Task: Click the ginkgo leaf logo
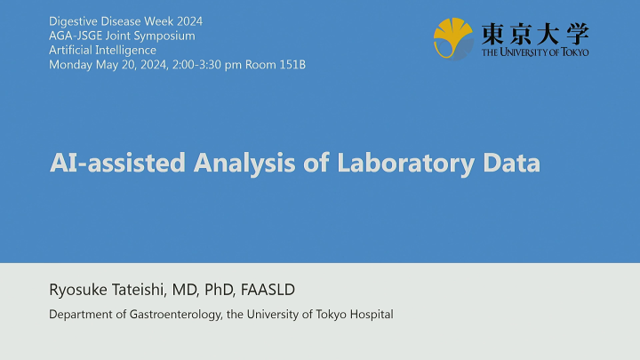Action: tap(453, 38)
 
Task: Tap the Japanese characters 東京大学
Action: tap(534, 34)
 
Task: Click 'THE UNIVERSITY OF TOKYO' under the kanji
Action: tap(534, 52)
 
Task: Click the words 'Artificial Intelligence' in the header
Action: tap(102, 50)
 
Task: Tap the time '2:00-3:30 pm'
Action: tap(211, 64)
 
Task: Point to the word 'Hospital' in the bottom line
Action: tap(372, 315)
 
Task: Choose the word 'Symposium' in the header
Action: tap(166, 36)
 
